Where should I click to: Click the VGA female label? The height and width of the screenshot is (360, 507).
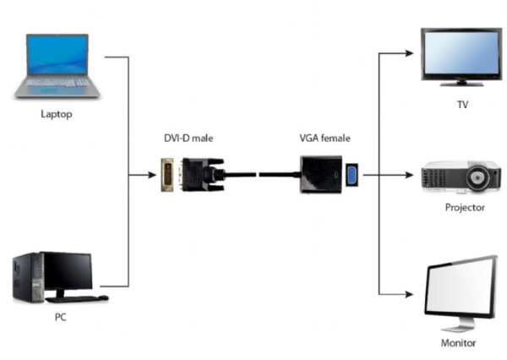pos(324,138)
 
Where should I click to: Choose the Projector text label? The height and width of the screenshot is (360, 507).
pos(465,206)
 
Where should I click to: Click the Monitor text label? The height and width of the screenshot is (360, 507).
pos(459,343)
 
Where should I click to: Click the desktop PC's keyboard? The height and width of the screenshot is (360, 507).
pos(76,298)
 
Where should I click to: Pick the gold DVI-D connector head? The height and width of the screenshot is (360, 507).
pos(170,175)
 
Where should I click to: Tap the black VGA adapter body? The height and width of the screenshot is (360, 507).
pos(320,175)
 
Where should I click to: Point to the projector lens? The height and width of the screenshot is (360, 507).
pos(482,179)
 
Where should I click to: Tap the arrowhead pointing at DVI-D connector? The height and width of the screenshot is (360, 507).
pos(151,175)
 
